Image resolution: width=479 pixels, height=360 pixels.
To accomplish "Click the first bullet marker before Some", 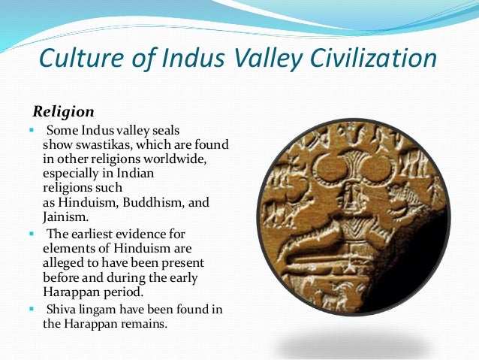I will [32, 129].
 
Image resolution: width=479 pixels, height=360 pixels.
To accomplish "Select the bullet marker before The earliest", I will [32, 233].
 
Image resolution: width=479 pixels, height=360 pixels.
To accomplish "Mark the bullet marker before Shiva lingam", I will [32, 308].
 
